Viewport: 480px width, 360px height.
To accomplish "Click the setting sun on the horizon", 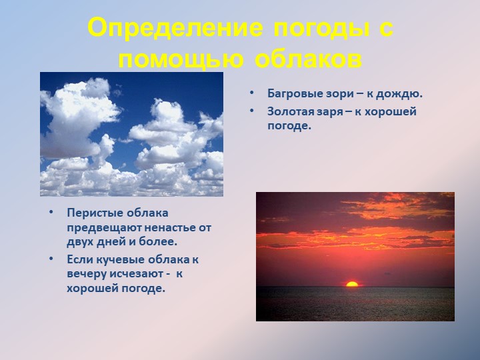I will coord(352,284).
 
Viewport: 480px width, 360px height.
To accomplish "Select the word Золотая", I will coord(291,111).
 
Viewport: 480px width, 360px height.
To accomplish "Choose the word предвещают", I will coord(102,227).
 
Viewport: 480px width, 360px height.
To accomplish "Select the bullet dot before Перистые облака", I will coord(50,213).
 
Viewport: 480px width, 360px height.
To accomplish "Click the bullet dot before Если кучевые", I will coord(50,259).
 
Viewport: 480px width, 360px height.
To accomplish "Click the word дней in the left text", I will coord(112,242).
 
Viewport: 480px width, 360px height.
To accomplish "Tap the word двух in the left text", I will coord(80,242).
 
